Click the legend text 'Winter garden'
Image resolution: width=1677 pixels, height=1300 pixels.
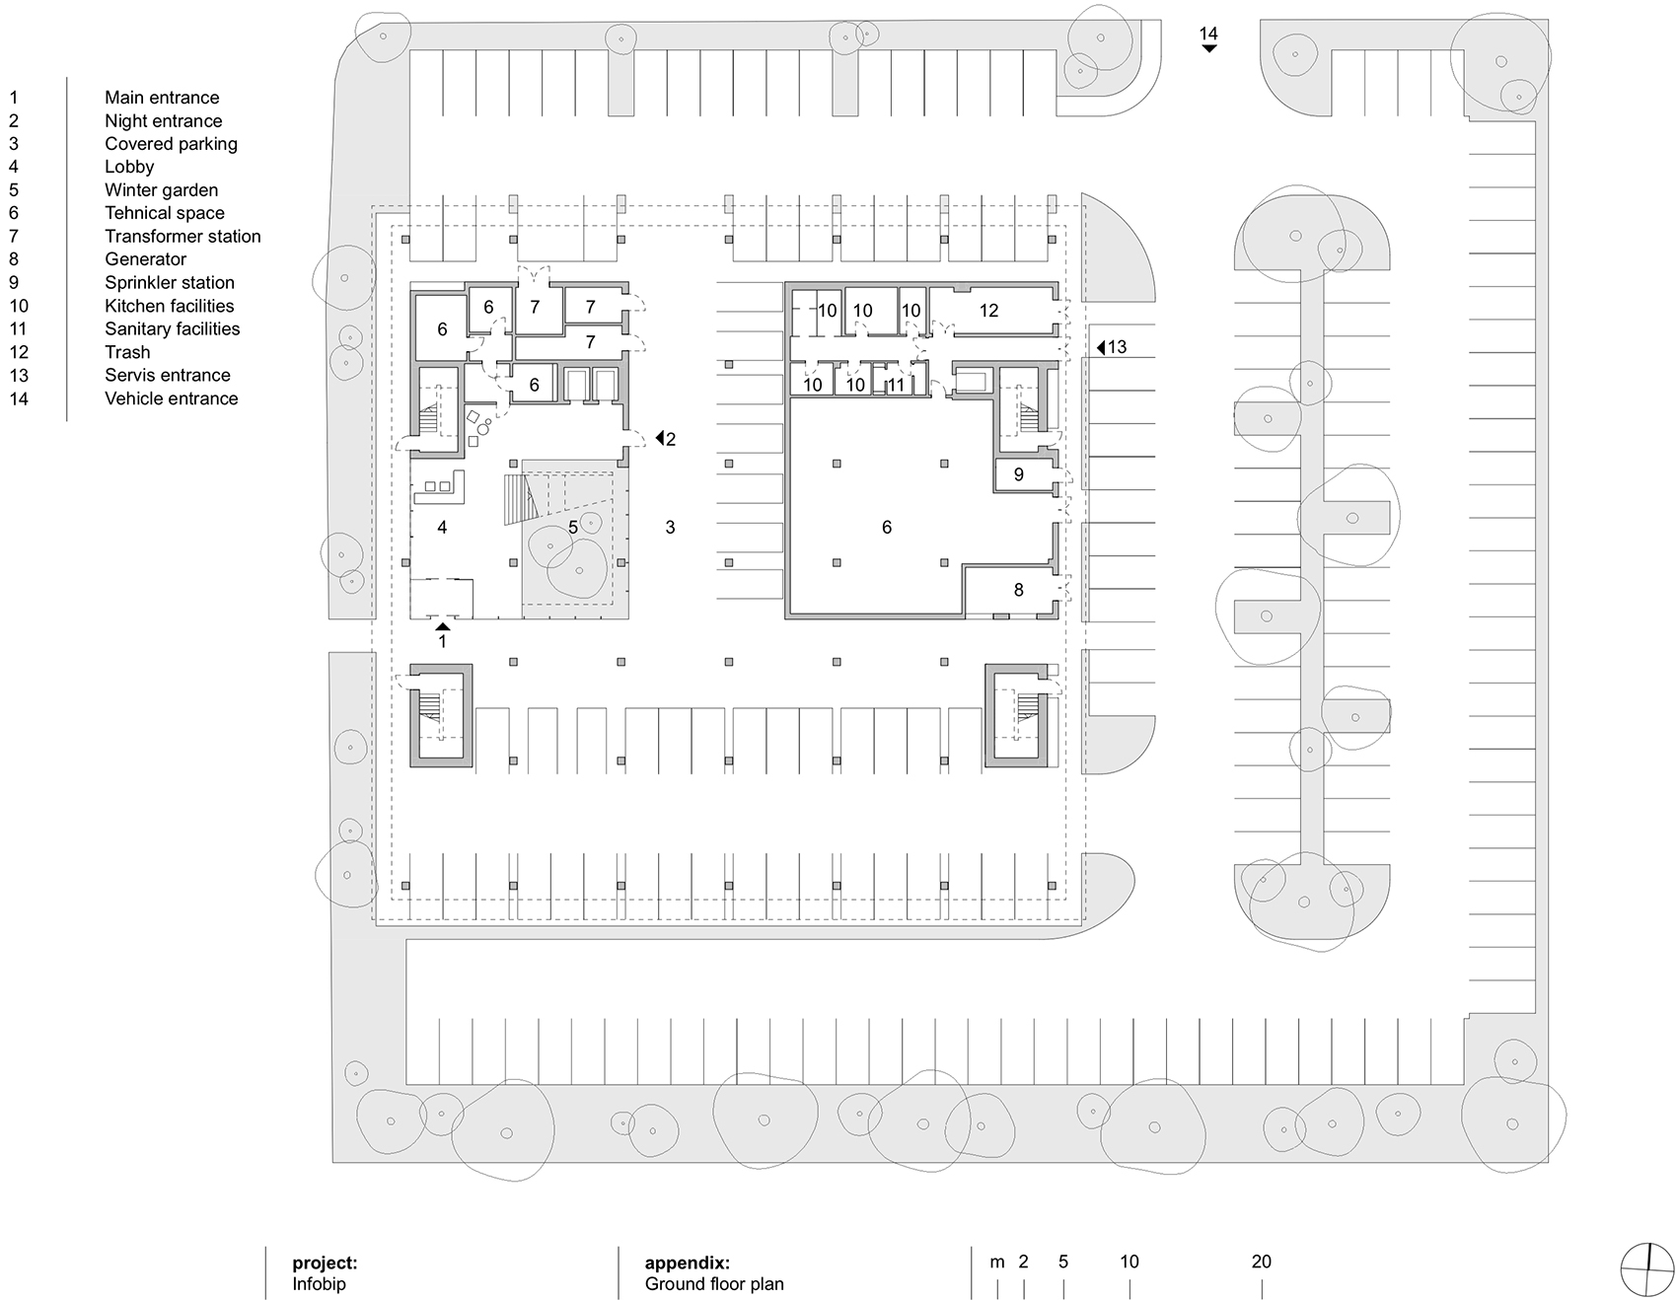click(x=161, y=190)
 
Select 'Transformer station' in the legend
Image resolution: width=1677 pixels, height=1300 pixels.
click(x=182, y=237)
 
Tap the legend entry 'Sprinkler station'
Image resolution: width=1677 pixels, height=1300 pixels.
click(x=170, y=283)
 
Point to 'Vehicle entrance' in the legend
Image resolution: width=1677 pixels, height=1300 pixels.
click(x=172, y=398)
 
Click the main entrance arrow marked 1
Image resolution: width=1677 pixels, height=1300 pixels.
click(x=443, y=625)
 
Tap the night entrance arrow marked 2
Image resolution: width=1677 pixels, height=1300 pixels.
click(x=659, y=439)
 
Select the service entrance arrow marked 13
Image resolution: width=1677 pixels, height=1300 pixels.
click(x=1102, y=347)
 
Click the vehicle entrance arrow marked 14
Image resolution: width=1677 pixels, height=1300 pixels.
click(x=1208, y=47)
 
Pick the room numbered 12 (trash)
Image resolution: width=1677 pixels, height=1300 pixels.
click(x=988, y=311)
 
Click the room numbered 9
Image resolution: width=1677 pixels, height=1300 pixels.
click(x=1019, y=474)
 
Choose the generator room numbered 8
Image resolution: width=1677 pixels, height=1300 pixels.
click(x=1019, y=590)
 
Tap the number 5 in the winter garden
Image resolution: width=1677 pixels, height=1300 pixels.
click(x=573, y=528)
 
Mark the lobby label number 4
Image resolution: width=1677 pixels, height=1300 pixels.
click(x=442, y=528)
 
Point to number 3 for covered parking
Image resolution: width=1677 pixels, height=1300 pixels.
click(x=670, y=528)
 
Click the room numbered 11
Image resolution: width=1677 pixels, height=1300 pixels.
click(x=896, y=385)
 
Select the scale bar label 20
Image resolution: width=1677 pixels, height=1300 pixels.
click(x=1262, y=1262)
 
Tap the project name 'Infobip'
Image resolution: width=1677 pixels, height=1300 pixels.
click(x=319, y=1284)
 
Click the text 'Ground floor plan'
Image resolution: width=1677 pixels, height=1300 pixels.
click(x=714, y=1284)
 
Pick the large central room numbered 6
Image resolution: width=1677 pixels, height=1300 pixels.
click(x=887, y=528)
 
